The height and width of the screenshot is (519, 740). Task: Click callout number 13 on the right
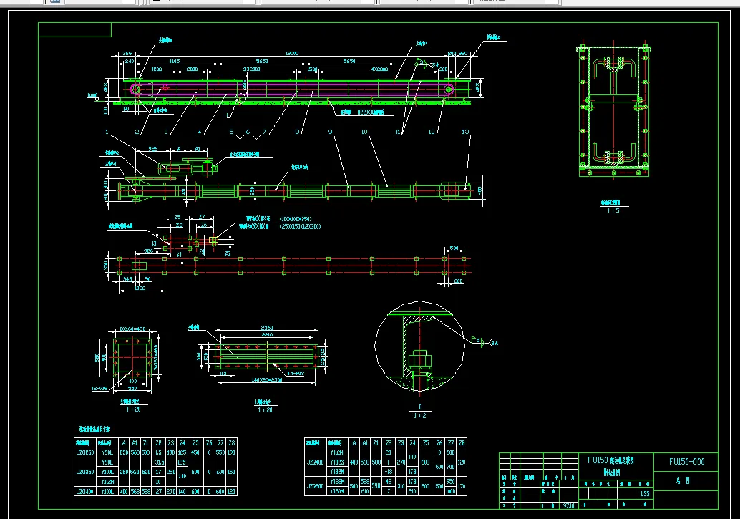[x=466, y=132]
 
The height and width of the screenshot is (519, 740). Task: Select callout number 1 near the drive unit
[x=105, y=132]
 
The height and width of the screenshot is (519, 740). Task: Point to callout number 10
[x=364, y=132]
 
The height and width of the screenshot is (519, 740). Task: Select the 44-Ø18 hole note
[x=295, y=373]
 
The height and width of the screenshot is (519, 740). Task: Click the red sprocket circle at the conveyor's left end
[x=165, y=87]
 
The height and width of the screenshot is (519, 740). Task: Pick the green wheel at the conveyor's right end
[x=449, y=89]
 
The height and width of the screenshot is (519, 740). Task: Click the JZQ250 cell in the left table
[x=84, y=453]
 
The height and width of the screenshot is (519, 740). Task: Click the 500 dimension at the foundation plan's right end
[x=454, y=249]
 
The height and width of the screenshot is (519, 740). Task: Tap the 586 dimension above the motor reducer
[x=152, y=149]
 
